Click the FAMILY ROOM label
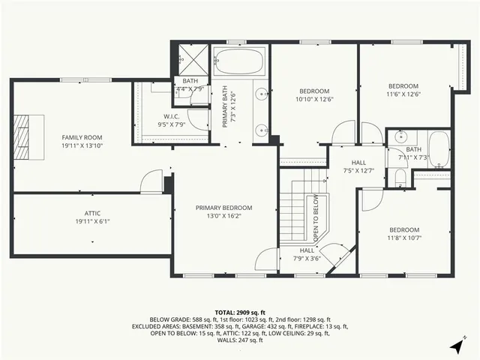82,137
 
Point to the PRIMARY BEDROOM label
223,208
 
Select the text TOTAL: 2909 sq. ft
239,311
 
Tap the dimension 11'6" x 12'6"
403,94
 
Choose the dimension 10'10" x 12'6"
313,99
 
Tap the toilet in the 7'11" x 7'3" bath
400,177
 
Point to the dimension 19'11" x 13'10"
82,146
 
